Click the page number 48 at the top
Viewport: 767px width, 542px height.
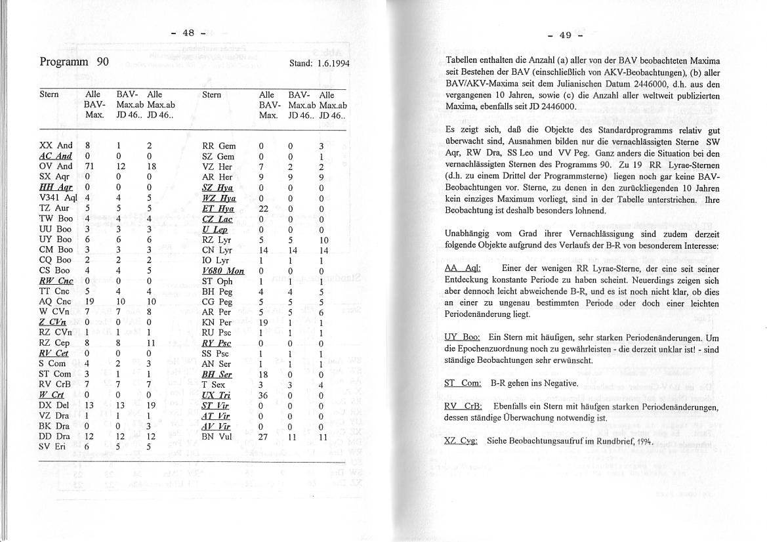pyautogui.click(x=188, y=33)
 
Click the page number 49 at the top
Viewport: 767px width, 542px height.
pyautogui.click(x=565, y=35)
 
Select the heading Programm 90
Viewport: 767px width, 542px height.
pyautogui.click(x=73, y=62)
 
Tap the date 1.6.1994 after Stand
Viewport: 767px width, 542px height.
pyautogui.click(x=331, y=64)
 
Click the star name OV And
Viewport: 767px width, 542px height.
pyautogui.click(x=56, y=166)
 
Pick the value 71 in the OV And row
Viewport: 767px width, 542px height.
pyautogui.click(x=91, y=166)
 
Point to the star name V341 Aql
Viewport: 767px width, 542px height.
pyautogui.click(x=58, y=198)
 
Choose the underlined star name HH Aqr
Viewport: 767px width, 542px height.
pyautogui.click(x=56, y=187)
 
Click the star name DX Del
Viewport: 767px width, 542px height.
pyautogui.click(x=54, y=405)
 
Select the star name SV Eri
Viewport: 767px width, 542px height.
pyautogui.click(x=53, y=447)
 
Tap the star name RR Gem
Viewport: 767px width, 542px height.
pyautogui.click(x=218, y=146)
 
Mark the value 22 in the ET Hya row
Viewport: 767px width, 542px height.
pyautogui.click(x=264, y=209)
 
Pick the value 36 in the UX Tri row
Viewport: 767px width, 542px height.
pyautogui.click(x=264, y=396)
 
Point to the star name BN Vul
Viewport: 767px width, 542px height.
pyautogui.click(x=217, y=436)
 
